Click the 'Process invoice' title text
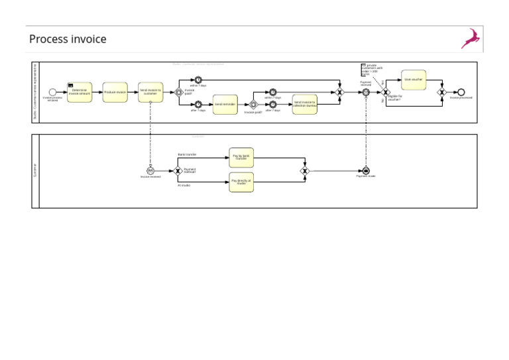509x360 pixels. pos(68,39)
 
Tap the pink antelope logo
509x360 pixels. pos(471,38)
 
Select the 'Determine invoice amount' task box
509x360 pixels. pos(80,92)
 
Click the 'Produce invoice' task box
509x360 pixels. pos(115,92)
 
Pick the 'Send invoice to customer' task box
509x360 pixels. pos(150,92)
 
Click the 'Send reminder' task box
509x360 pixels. pos(225,104)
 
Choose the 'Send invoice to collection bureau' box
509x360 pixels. pos(305,104)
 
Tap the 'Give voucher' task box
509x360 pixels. pos(414,80)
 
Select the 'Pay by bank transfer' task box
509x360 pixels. pos(241,158)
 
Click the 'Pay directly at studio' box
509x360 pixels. pos(241,182)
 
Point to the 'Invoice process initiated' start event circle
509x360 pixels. pos(53,92)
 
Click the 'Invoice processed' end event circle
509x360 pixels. pos(461,92)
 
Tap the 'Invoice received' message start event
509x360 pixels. pos(150,170)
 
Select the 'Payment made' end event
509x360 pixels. pos(365,170)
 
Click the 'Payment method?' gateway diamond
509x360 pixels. pos(178,170)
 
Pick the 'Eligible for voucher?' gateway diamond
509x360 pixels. pos(386,92)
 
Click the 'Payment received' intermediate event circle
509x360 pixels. pos(365,92)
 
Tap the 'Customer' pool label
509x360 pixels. pos(35,170)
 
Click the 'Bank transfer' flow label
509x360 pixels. pos(187,154)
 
